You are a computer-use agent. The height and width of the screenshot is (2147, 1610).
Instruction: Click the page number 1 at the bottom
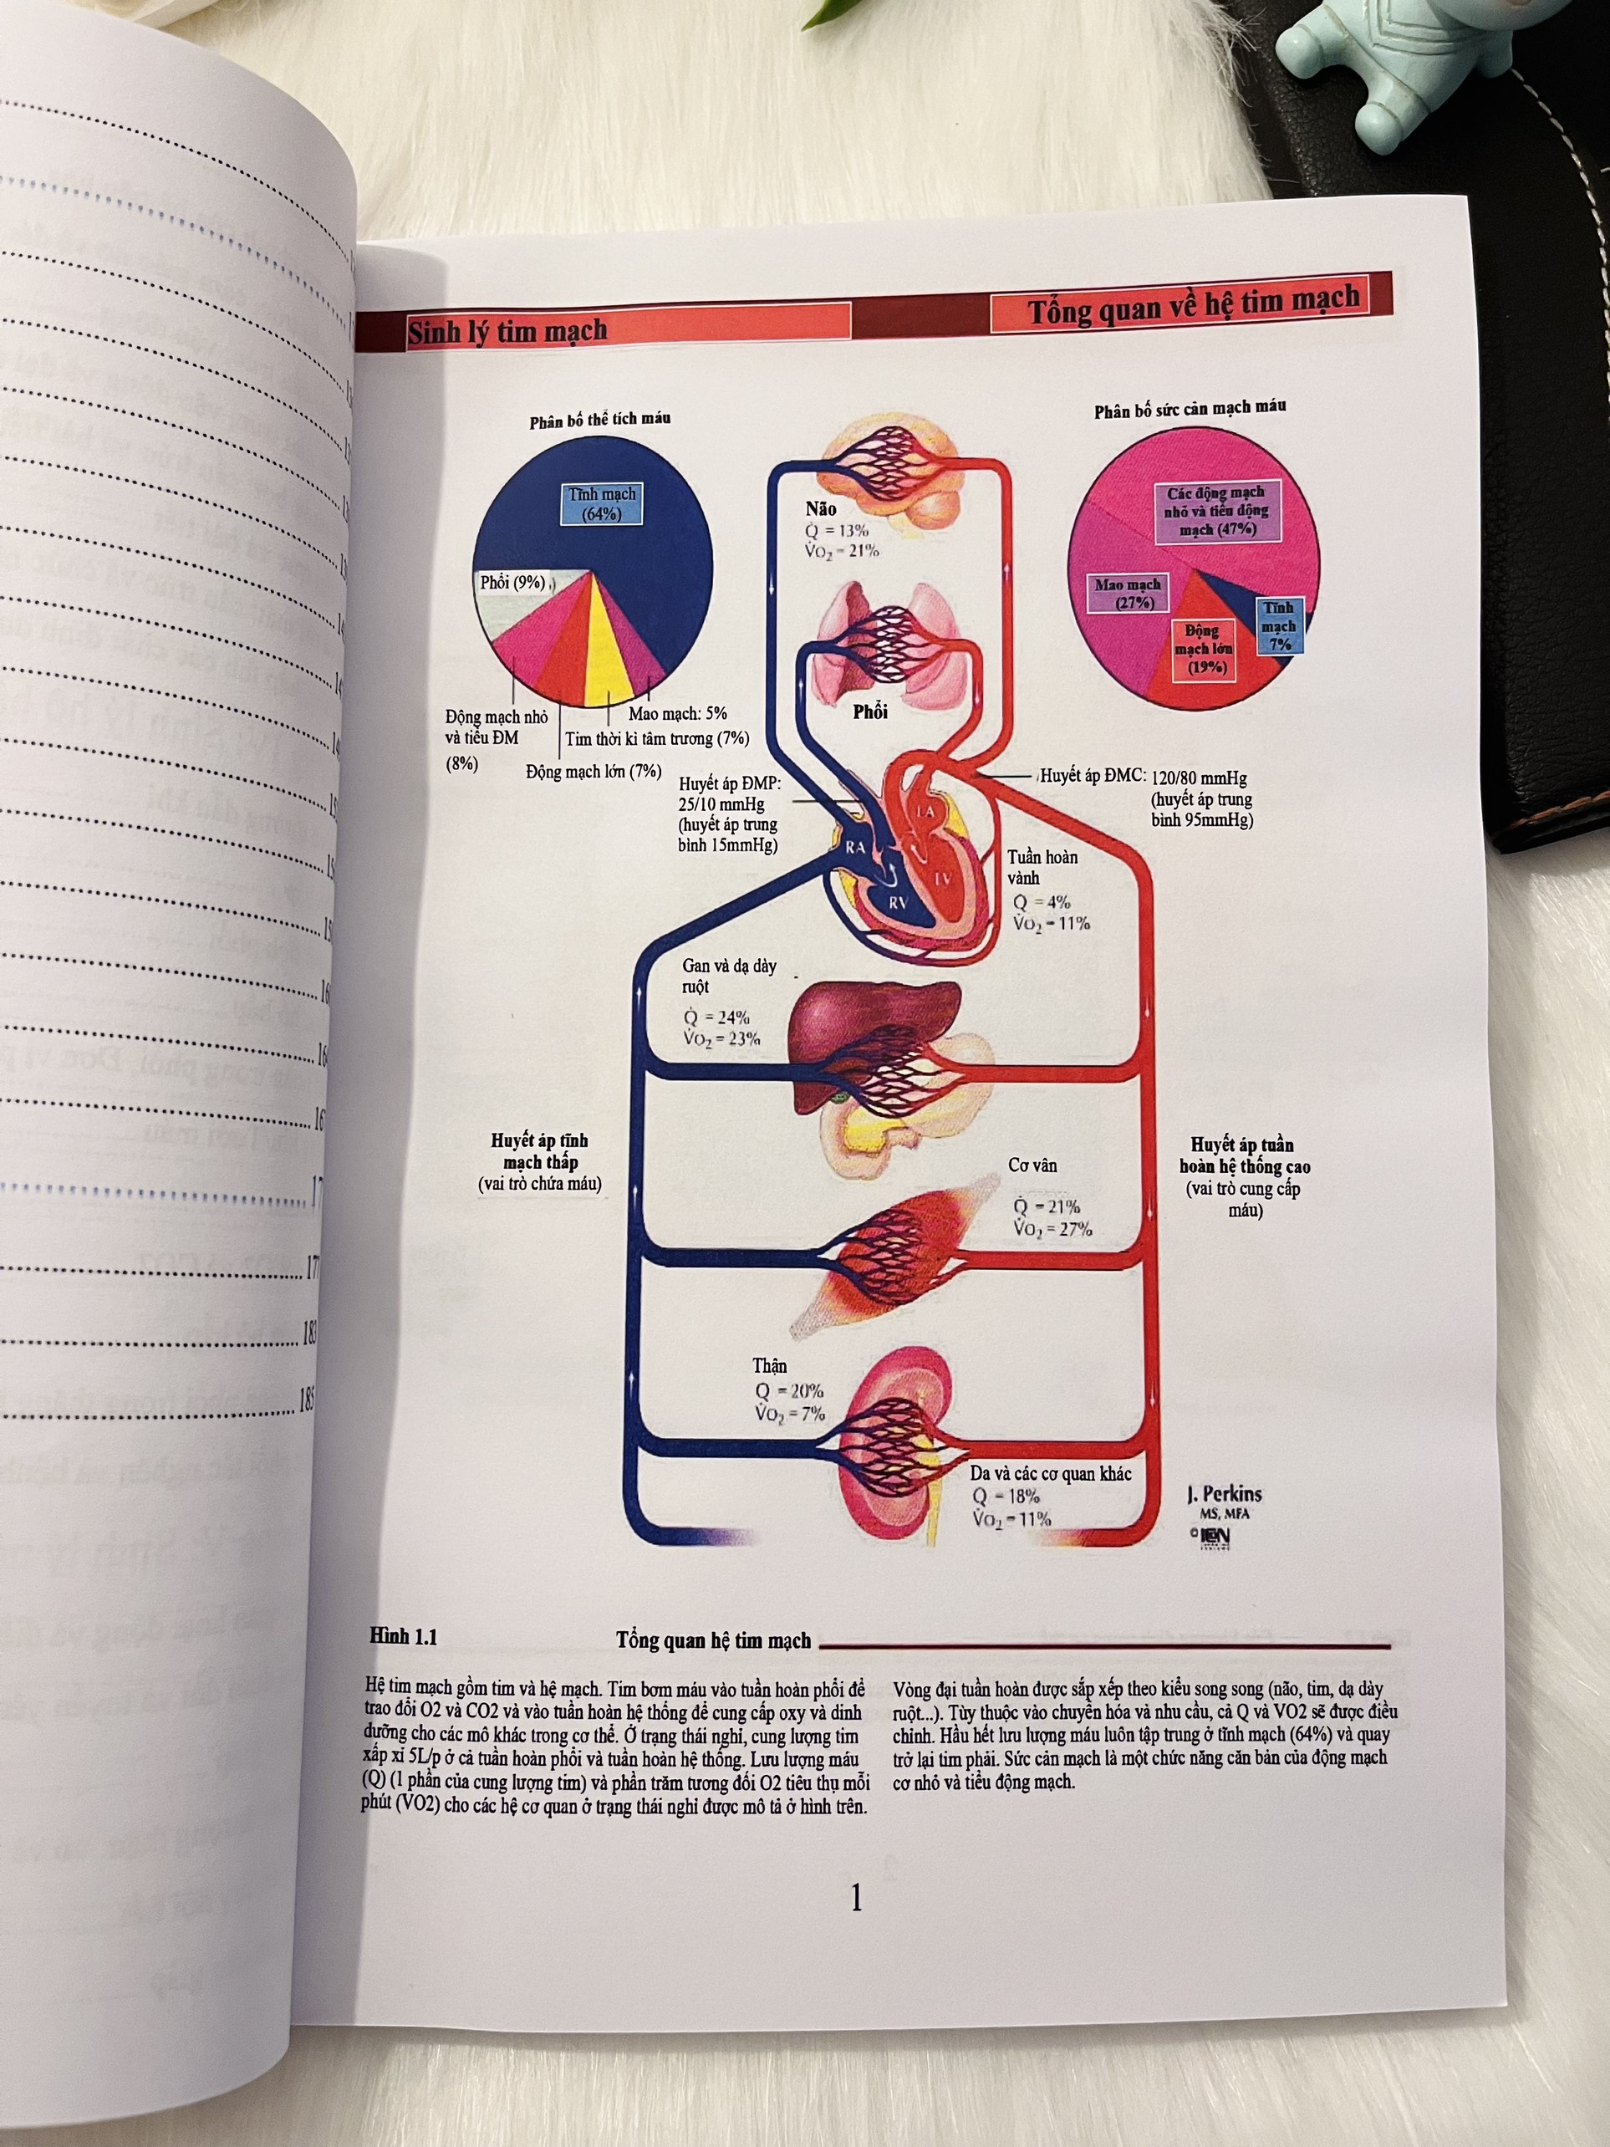click(856, 1898)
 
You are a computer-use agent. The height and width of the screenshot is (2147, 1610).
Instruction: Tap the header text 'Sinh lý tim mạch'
click(507, 332)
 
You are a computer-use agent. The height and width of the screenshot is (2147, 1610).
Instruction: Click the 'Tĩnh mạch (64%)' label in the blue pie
click(602, 504)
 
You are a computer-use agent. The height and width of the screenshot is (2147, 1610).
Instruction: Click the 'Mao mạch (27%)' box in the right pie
click(1128, 593)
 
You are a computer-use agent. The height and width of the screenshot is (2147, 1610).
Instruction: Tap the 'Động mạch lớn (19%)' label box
click(1204, 649)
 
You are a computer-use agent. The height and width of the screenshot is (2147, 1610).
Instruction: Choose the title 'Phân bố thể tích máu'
click(599, 420)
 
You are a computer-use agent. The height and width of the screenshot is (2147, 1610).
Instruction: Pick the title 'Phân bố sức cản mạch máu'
click(1190, 409)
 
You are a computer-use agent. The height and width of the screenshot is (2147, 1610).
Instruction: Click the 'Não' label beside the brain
click(821, 508)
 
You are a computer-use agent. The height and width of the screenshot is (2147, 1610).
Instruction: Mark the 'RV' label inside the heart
click(899, 903)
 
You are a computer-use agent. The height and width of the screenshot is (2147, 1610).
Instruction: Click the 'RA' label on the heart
click(855, 848)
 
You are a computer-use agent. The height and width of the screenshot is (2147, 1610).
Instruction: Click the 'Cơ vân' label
click(1032, 1165)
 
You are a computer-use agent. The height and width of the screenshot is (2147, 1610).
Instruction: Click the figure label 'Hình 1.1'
click(404, 1636)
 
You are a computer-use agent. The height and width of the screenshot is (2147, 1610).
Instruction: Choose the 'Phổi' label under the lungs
click(870, 711)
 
